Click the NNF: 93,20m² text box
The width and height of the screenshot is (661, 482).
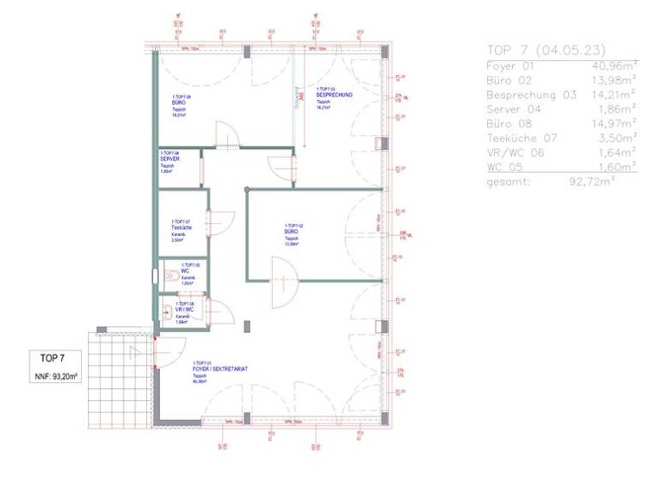pyautogui.click(x=58, y=376)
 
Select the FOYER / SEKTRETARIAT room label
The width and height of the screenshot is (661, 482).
pyautogui.click(x=220, y=368)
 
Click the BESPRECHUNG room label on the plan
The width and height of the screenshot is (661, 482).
pyautogui.click(x=335, y=95)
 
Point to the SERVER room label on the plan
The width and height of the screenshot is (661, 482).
pyautogui.click(x=169, y=158)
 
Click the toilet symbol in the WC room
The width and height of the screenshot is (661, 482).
pyautogui.click(x=170, y=276)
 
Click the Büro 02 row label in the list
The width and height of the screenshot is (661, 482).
pyautogui.click(x=510, y=79)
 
